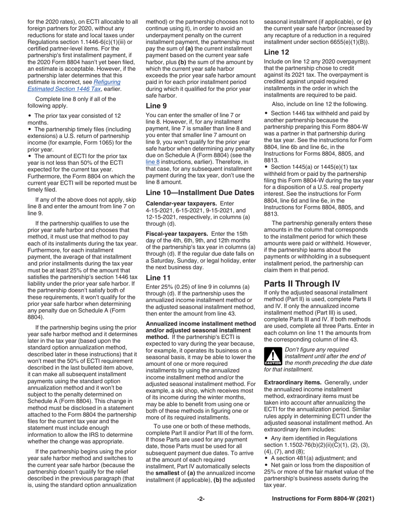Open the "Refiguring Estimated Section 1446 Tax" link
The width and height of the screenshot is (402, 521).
coord(74,86)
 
